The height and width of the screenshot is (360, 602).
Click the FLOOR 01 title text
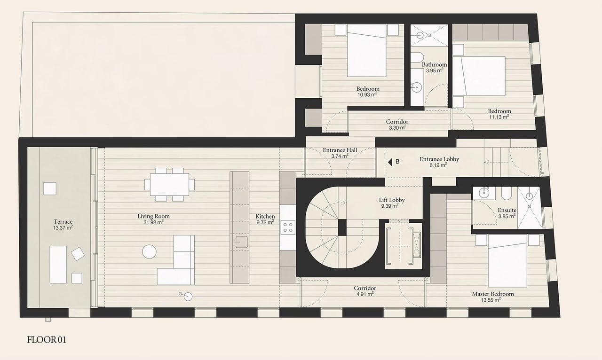47,340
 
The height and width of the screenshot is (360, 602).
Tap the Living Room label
153,216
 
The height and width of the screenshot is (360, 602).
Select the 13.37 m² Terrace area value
63,228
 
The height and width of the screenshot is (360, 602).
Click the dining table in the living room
169,184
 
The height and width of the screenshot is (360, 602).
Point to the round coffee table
149,252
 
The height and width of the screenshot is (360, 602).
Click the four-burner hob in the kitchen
288,227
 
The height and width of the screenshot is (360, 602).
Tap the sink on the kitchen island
241,242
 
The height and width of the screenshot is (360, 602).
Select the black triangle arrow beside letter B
390,162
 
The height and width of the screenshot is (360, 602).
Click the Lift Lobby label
392,200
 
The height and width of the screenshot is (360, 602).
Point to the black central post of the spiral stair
342,227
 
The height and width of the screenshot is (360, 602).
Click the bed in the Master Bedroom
507,261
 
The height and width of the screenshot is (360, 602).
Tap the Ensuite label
507,210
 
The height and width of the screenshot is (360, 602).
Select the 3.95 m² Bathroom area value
434,70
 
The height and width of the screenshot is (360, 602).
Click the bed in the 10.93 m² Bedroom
366,50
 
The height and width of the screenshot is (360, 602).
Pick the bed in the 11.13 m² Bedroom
479,76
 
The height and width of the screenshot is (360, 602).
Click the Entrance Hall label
340,150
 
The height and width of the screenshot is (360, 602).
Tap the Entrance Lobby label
439,159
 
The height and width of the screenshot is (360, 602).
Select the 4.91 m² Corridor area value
364,294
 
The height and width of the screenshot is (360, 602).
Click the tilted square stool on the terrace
78,254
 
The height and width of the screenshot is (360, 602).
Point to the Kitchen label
265,216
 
